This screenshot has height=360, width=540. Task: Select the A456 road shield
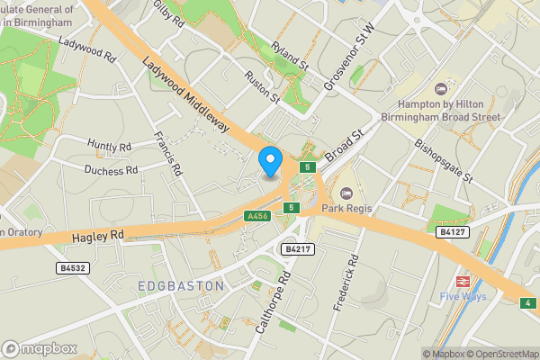pyautogui.click(x=256, y=217)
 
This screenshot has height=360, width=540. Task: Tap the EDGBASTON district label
pyautogui.click(x=181, y=286)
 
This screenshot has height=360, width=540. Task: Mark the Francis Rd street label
pyautogui.click(x=169, y=152)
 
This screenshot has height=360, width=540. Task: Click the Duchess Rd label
pyautogui.click(x=111, y=169)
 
